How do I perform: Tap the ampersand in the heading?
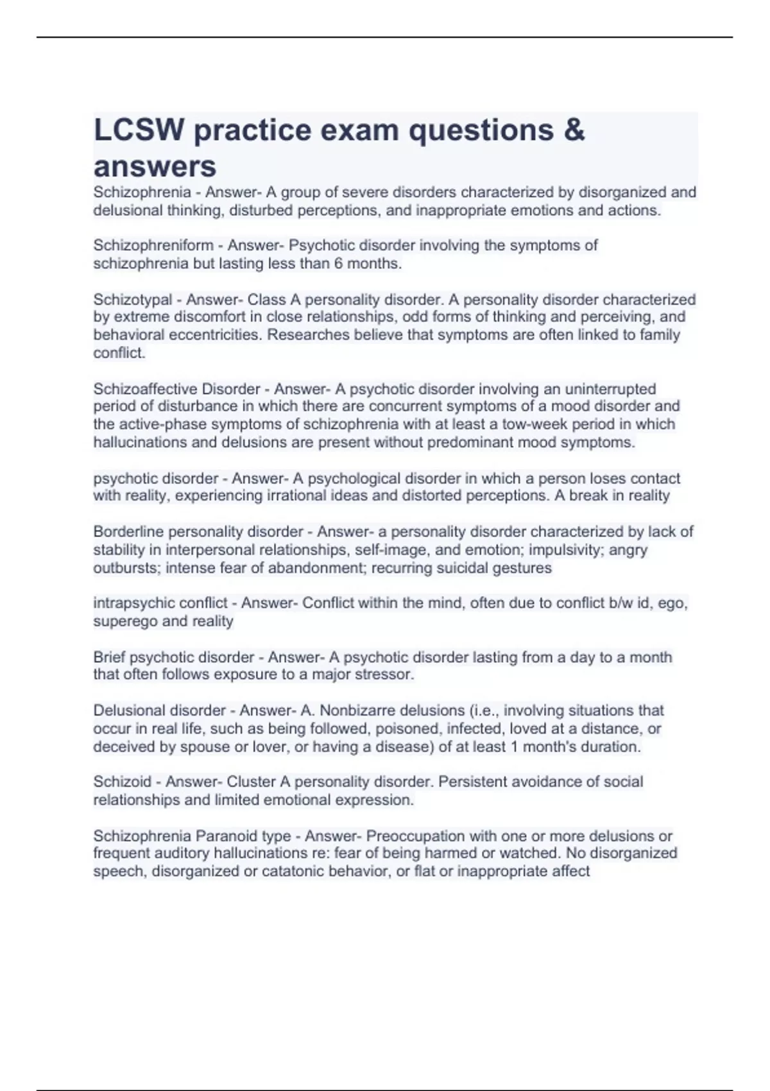click(x=576, y=130)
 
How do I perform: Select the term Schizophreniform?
click(x=153, y=245)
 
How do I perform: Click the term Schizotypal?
click(x=133, y=299)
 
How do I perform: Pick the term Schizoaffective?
click(x=145, y=389)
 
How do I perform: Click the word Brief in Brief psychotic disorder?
click(x=109, y=657)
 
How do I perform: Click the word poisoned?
click(x=408, y=729)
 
